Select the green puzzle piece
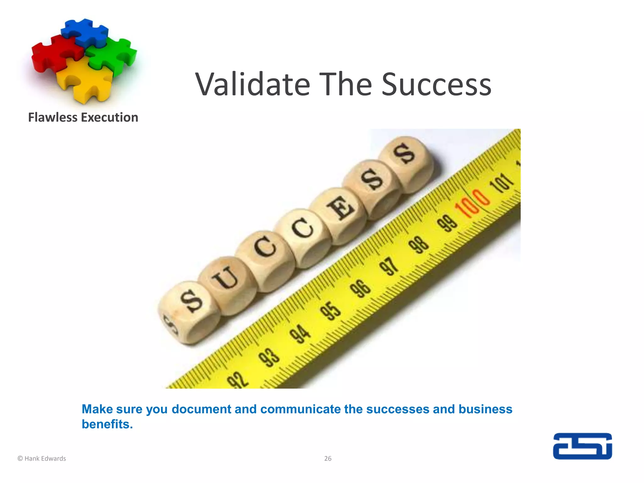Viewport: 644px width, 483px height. [113, 55]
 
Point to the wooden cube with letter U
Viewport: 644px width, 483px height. [226, 280]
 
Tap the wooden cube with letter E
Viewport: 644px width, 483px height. [340, 209]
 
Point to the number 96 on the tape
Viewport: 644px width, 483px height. [361, 288]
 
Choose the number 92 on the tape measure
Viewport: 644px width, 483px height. [238, 380]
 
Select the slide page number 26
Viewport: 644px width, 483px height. [328, 458]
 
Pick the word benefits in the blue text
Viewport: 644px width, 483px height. [107, 424]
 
